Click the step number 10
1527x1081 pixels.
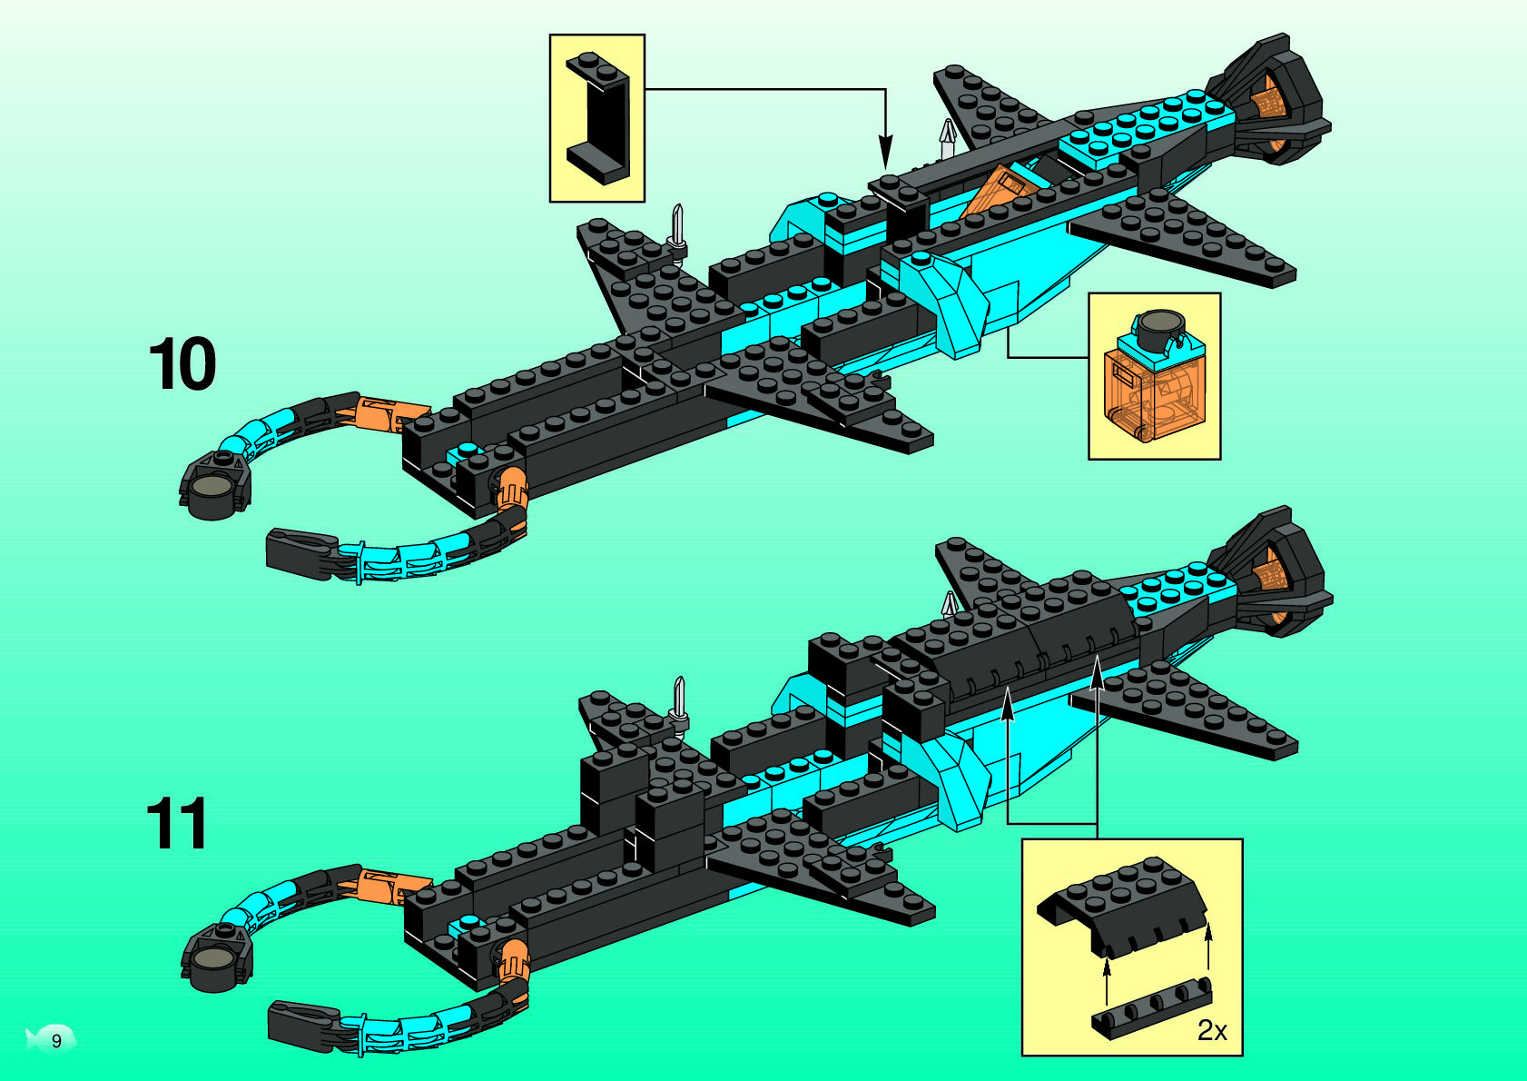tap(182, 364)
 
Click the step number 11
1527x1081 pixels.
tap(177, 824)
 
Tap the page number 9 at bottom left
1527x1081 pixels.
tap(56, 1040)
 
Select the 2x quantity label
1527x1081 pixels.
tap(1212, 1030)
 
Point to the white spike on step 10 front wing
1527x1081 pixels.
tap(677, 226)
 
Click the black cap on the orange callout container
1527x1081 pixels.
tap(1156, 327)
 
